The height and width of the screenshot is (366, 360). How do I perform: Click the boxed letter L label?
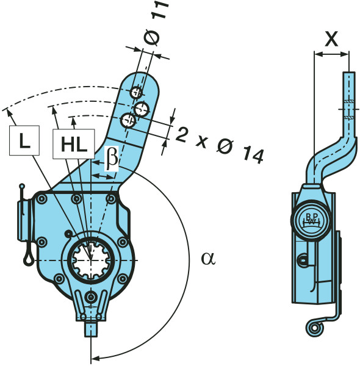[24, 140]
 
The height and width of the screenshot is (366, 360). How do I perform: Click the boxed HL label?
[74, 144]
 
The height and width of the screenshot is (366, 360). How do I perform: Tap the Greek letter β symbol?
[112, 158]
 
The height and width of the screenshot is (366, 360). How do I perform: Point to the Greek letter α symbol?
[208, 259]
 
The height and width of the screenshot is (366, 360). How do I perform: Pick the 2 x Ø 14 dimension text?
[220, 145]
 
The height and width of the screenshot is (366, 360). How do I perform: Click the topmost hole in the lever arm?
[136, 93]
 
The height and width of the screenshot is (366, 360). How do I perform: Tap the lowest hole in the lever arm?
[128, 120]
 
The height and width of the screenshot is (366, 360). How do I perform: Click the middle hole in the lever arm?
[142, 109]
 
